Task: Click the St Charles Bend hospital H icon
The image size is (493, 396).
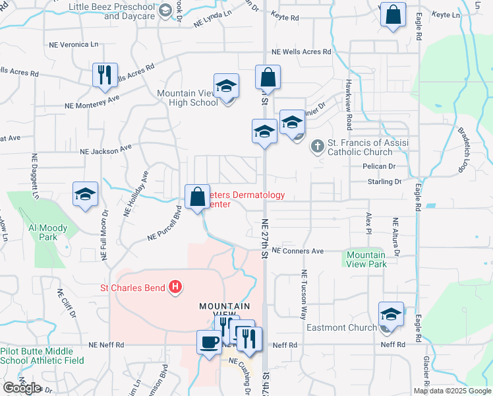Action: click(175, 287)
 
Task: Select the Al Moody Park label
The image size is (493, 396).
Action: click(47, 232)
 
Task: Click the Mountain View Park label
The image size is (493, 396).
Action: click(366, 259)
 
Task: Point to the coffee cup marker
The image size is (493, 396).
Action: click(210, 343)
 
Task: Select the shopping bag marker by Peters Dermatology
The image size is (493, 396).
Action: click(198, 197)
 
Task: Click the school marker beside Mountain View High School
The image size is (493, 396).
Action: click(226, 86)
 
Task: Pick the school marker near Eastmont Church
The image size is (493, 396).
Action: click(391, 315)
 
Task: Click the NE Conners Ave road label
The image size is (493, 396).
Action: click(298, 251)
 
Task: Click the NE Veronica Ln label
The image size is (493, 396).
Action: click(74, 44)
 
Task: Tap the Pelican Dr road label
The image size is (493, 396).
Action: click(377, 167)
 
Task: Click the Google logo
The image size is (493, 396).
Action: click(22, 388)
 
